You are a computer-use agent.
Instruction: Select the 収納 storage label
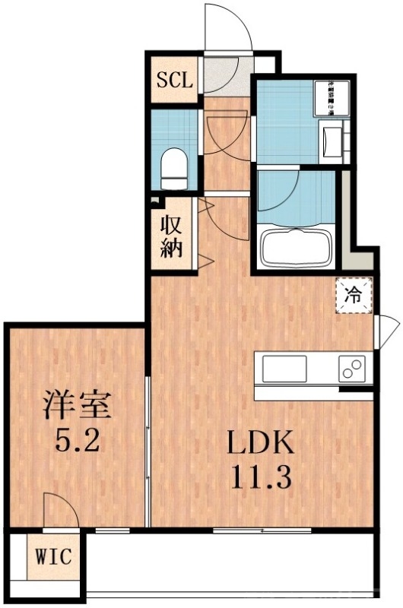click(172, 236)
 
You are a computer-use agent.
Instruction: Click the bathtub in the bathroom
click(297, 248)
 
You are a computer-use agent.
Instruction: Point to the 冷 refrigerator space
click(354, 295)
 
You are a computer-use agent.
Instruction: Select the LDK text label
click(258, 444)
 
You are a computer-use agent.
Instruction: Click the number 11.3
click(257, 479)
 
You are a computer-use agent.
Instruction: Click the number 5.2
click(76, 441)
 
